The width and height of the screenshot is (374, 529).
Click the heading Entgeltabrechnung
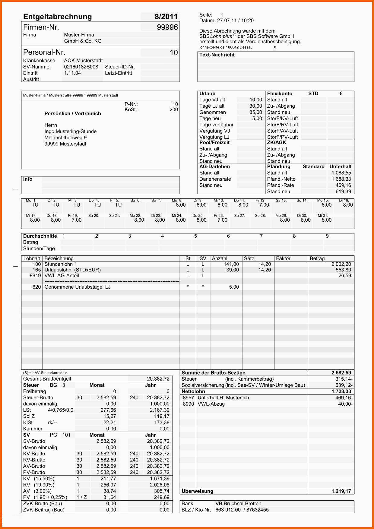tap(57, 17)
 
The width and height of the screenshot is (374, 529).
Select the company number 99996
tap(167, 27)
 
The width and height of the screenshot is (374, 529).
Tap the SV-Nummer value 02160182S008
tap(81, 67)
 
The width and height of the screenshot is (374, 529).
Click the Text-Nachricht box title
tap(217, 55)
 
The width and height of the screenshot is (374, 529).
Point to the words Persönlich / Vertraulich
tap(73, 113)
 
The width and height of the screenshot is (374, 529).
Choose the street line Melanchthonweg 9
tap(65, 138)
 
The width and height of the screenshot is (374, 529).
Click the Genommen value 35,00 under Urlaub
tap(255, 112)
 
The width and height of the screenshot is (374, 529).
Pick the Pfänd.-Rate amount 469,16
tap(343, 185)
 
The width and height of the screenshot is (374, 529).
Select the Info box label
tap(28, 179)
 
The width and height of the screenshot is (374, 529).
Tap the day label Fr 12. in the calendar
tap(260, 200)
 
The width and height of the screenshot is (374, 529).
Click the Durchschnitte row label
tap(40, 236)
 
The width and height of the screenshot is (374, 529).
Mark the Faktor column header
tap(283, 258)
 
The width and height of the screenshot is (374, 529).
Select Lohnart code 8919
tap(35, 276)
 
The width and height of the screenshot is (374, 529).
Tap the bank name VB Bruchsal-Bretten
tap(238, 503)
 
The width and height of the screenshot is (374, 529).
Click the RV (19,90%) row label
tap(39, 485)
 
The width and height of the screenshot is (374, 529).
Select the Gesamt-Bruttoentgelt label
tap(47, 379)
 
